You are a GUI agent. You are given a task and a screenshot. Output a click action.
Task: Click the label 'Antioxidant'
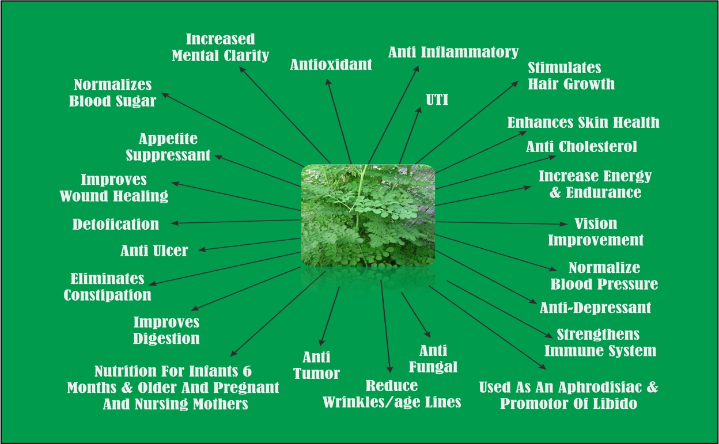(331, 64)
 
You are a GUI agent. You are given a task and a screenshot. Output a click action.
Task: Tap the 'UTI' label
(437, 100)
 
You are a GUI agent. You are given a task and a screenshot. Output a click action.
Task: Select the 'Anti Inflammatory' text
(453, 52)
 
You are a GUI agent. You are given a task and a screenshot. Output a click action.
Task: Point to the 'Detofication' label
(116, 224)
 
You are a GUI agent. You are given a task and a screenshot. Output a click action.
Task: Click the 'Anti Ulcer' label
(154, 251)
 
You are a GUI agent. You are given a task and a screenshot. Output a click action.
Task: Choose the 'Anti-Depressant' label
(595, 308)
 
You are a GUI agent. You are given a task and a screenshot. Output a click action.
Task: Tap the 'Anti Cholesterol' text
(581, 147)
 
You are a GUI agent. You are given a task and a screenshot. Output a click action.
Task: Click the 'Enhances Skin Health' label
(583, 123)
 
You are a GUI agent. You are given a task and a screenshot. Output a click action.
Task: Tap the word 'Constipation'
(107, 295)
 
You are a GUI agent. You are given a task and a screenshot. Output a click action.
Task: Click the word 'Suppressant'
(168, 155)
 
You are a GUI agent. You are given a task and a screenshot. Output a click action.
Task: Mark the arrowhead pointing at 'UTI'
(419, 110)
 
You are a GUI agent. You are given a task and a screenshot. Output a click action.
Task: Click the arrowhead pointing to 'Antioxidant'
(328, 82)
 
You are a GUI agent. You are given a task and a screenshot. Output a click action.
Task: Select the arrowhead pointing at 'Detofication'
(175, 223)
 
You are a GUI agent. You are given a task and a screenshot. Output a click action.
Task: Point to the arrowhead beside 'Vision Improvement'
(563, 224)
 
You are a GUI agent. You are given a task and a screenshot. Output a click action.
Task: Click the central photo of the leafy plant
(368, 215)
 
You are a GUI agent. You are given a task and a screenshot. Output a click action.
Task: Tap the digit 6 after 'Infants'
(247, 371)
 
